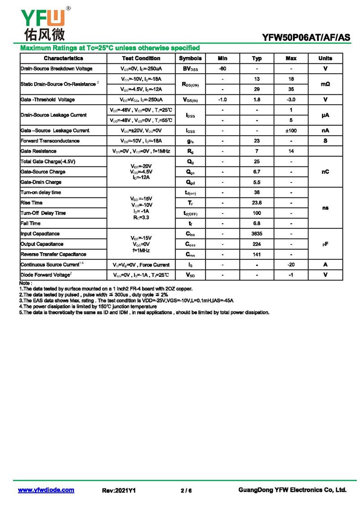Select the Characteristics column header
click(x=63, y=58)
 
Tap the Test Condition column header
click(x=141, y=58)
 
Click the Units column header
click(x=325, y=58)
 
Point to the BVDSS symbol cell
click(x=190, y=69)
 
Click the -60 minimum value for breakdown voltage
click(x=222, y=69)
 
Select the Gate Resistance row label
click(x=39, y=151)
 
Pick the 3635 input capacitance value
click(x=257, y=234)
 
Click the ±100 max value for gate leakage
click(x=291, y=130)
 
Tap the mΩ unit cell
click(x=325, y=84)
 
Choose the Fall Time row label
click(x=31, y=223)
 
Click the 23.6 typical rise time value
click(x=257, y=203)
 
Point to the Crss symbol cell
click(x=190, y=254)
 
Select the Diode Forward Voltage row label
click(x=45, y=275)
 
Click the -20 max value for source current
click(x=291, y=265)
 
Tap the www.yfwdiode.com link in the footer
click(x=46, y=490)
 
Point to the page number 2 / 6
click(x=186, y=490)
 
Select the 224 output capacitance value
click(x=257, y=244)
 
